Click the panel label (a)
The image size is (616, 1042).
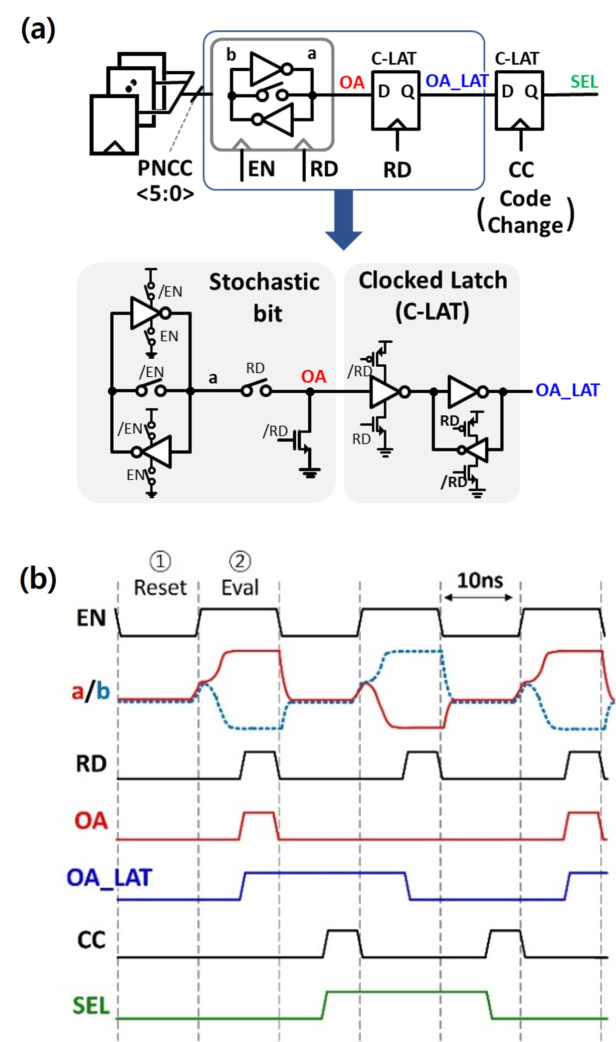[38, 29]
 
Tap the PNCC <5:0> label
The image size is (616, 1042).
[165, 180]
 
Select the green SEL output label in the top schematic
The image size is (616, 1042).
[584, 82]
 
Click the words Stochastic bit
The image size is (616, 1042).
[264, 298]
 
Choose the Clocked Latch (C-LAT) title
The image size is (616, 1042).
[432, 296]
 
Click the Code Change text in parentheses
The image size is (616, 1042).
[526, 212]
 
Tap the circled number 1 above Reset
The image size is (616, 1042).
[160, 561]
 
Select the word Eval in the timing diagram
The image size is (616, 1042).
[240, 588]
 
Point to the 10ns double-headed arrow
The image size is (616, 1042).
[479, 597]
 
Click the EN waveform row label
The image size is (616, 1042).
[91, 618]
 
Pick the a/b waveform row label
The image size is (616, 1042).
[90, 691]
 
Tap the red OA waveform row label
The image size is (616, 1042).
[91, 821]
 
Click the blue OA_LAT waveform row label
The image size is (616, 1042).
[109, 878]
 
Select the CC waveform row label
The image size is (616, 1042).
[91, 940]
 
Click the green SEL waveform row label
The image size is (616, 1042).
[91, 1005]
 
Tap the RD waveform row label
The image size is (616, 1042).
[91, 763]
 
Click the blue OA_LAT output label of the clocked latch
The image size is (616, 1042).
[567, 390]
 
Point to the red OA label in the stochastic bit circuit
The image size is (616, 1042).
[313, 376]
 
